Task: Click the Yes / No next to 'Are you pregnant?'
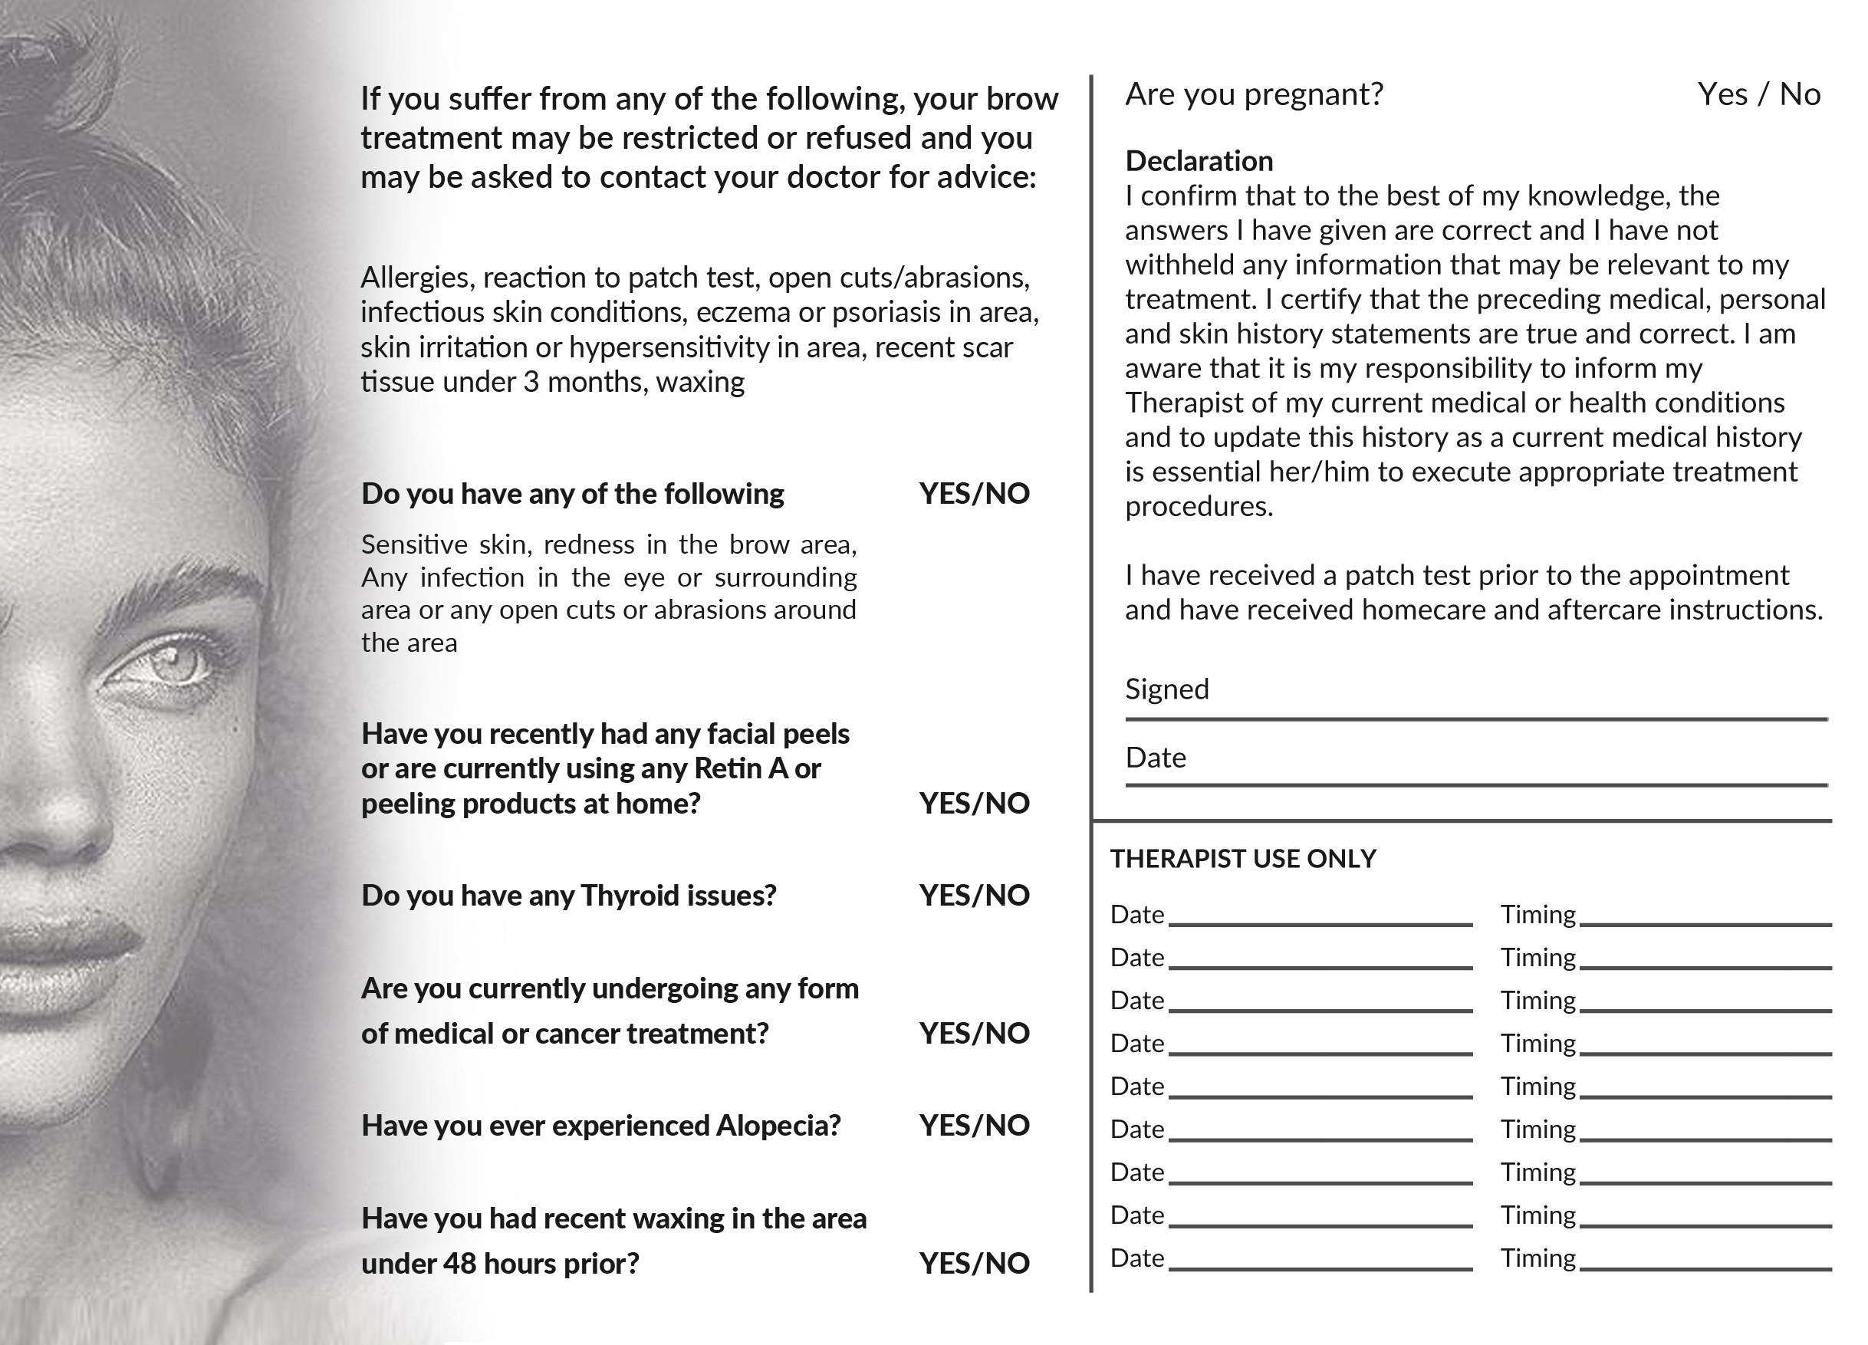coord(1758,95)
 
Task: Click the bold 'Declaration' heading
coord(1199,160)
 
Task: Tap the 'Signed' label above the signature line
coord(1167,689)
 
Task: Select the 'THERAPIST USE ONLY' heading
coord(1243,859)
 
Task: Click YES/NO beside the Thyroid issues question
coord(975,896)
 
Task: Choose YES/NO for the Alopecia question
coord(975,1125)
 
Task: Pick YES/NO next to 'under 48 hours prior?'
coord(975,1263)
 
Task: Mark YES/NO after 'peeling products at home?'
coord(975,803)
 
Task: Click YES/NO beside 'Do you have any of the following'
coord(975,493)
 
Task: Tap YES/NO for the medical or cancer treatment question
coord(975,1033)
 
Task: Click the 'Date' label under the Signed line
coord(1156,757)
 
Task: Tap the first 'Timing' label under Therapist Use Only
coord(1537,914)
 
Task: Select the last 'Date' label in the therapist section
coord(1136,1258)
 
